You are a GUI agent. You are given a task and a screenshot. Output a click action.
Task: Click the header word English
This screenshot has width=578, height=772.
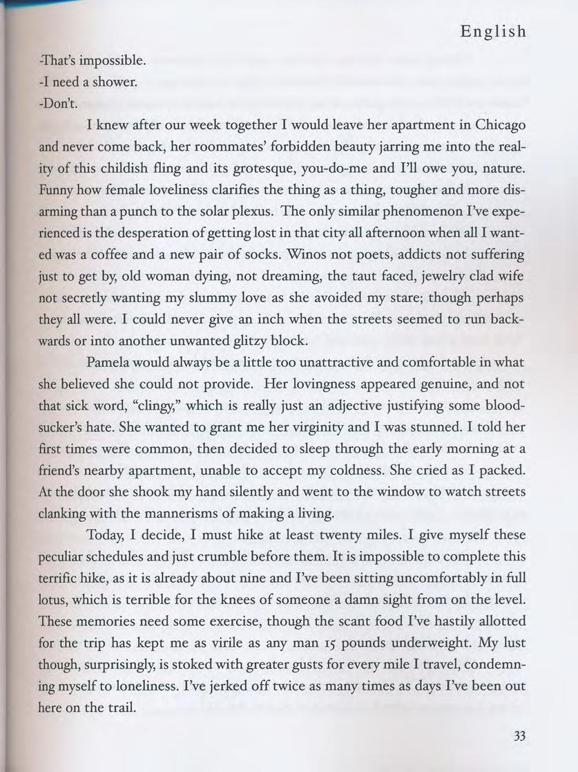(x=493, y=32)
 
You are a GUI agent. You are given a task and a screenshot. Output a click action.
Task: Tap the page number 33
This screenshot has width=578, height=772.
(x=519, y=737)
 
